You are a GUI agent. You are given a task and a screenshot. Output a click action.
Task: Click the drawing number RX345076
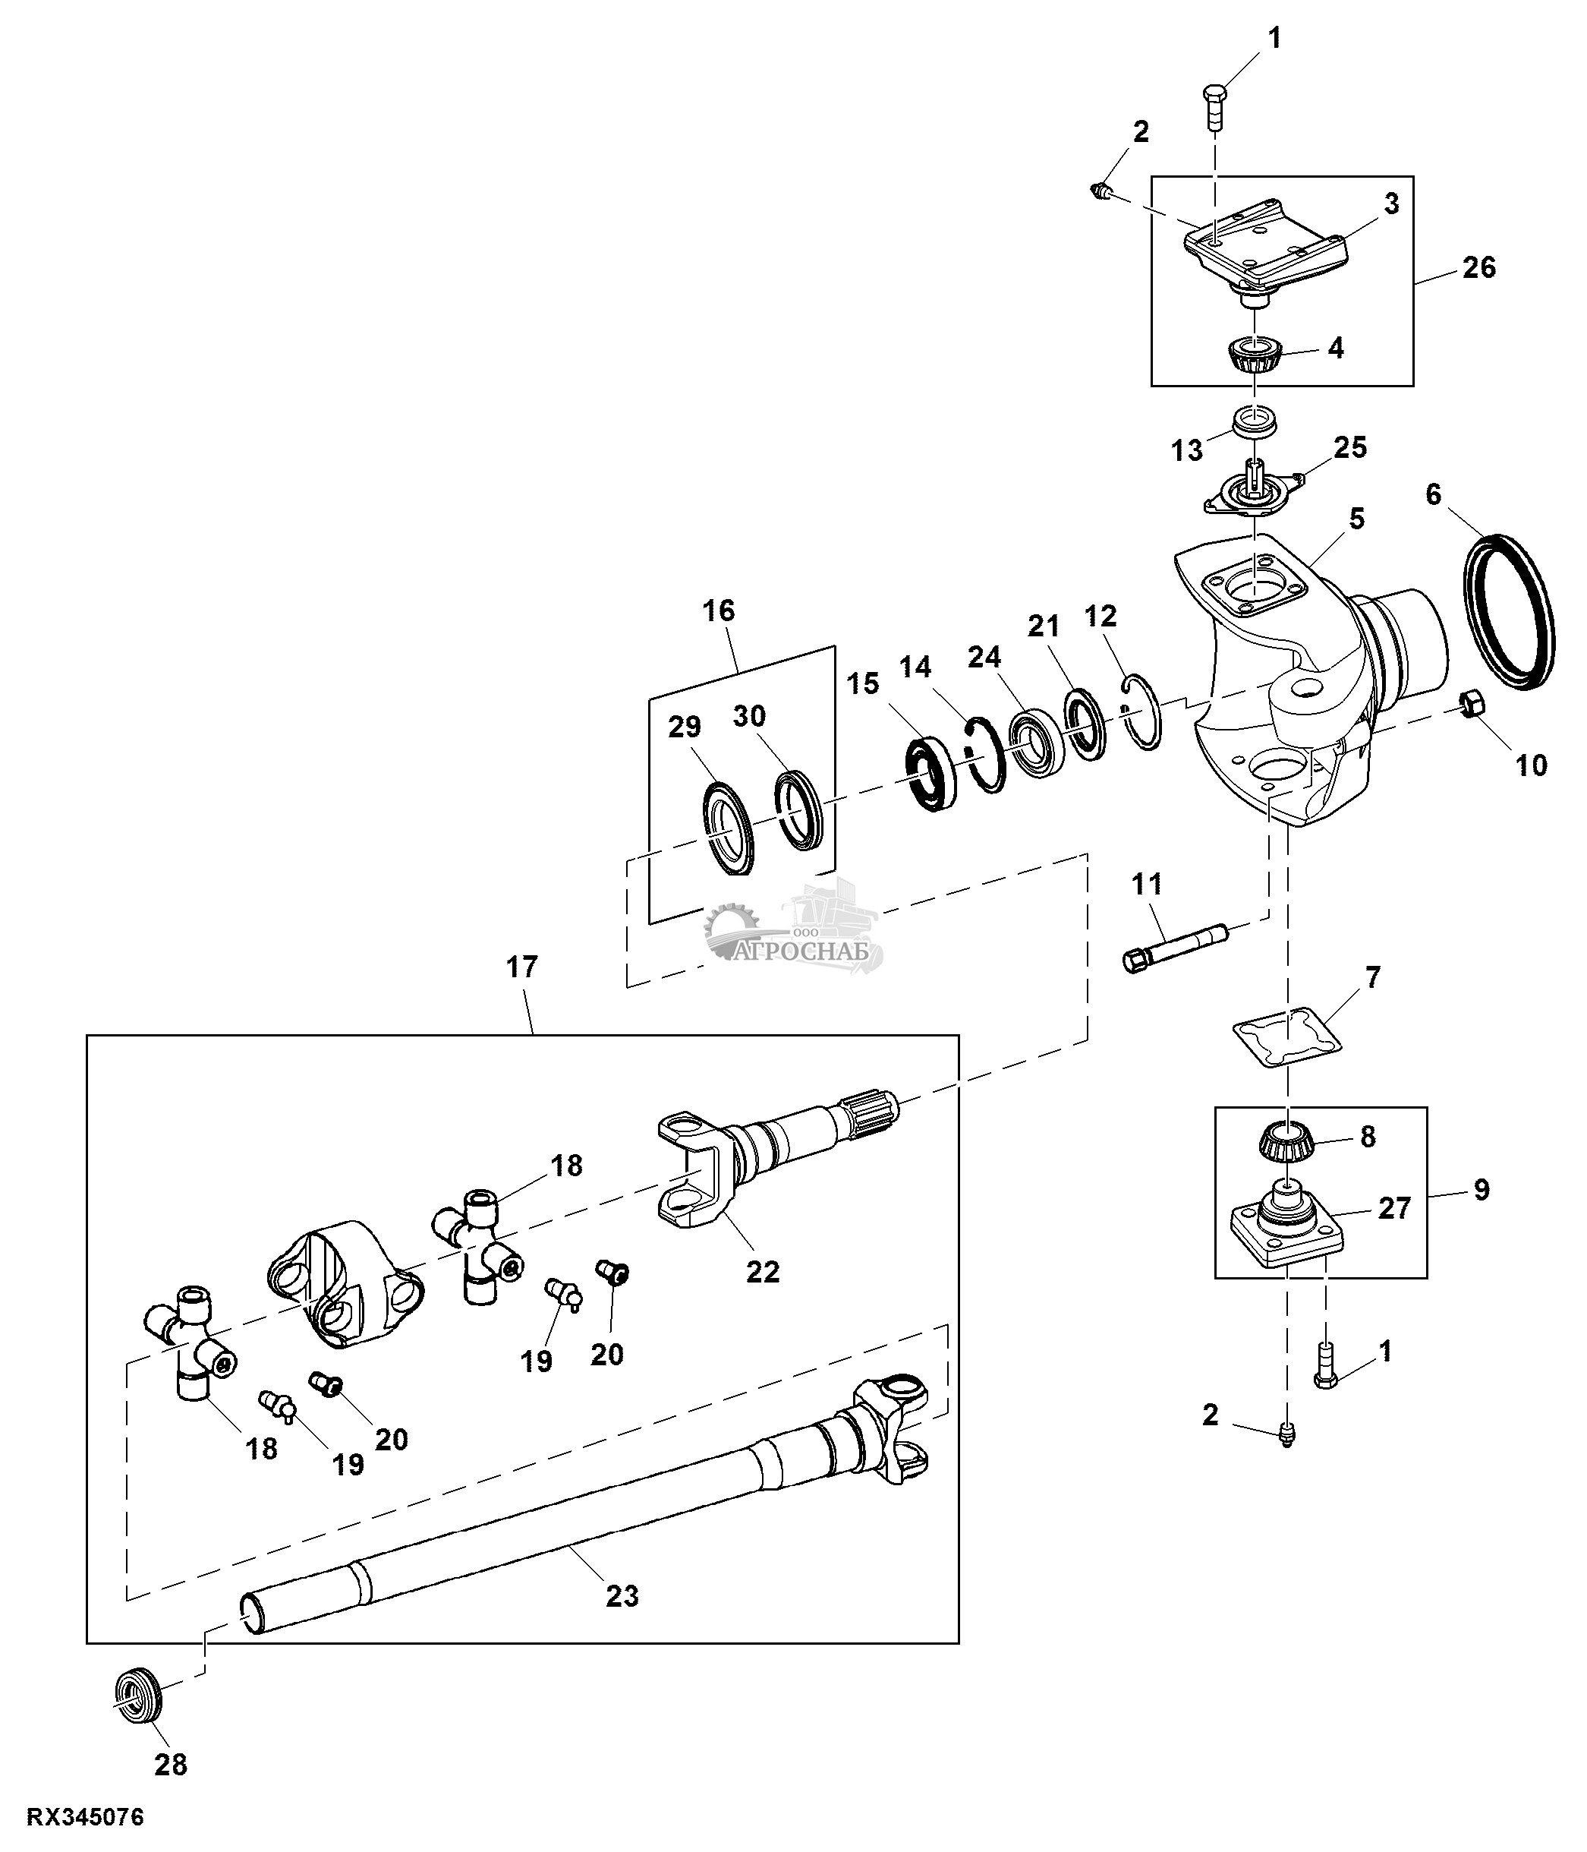[x=86, y=1817]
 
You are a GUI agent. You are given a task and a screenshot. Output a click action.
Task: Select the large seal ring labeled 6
[x=1510, y=610]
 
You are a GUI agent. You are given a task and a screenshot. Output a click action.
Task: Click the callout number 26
[x=1479, y=267]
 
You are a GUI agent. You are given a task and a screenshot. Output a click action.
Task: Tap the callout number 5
[x=1357, y=519]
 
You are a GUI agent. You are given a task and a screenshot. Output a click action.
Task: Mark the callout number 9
[x=1482, y=1190]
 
